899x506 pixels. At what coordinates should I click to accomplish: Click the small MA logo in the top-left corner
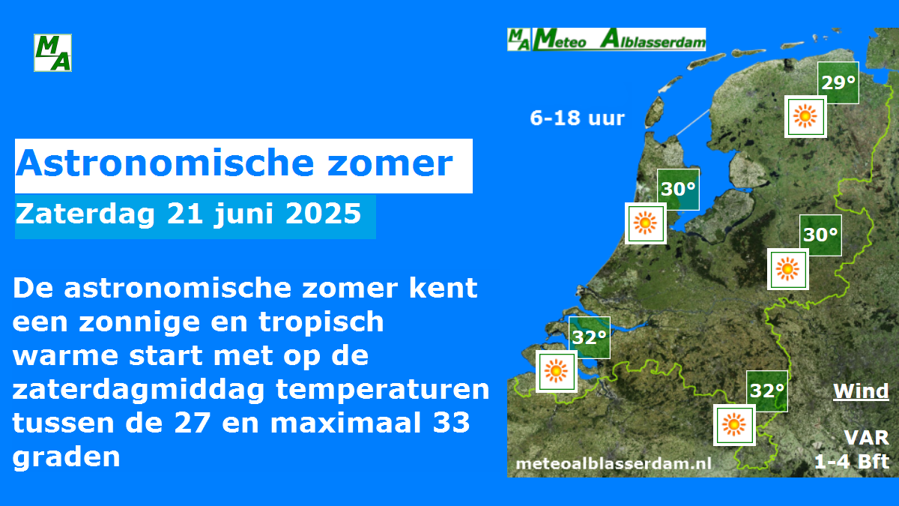point(52,52)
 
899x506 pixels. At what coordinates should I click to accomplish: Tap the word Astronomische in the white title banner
point(165,163)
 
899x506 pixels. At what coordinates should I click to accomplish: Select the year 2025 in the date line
point(323,213)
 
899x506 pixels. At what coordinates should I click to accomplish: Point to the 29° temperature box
point(838,82)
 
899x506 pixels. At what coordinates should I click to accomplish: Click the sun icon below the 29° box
point(805,116)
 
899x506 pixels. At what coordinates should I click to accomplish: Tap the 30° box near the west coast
point(678,190)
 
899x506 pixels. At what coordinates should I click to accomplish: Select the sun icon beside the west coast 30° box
point(645,223)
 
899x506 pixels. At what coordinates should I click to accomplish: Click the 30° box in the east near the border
point(820,235)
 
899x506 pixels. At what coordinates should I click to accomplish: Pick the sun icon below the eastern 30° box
point(788,269)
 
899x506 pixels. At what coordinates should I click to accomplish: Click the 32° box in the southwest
point(590,337)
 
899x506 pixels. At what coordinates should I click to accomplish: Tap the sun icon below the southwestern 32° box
point(556,371)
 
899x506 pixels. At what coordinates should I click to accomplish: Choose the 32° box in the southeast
point(767,391)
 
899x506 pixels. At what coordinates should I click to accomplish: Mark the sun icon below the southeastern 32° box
point(734,425)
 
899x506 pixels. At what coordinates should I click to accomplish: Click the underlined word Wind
point(861,391)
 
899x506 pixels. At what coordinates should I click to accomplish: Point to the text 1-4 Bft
point(852,462)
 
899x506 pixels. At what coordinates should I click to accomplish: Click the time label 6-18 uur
point(577,118)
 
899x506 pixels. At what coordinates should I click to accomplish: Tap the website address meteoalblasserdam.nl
point(614,464)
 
